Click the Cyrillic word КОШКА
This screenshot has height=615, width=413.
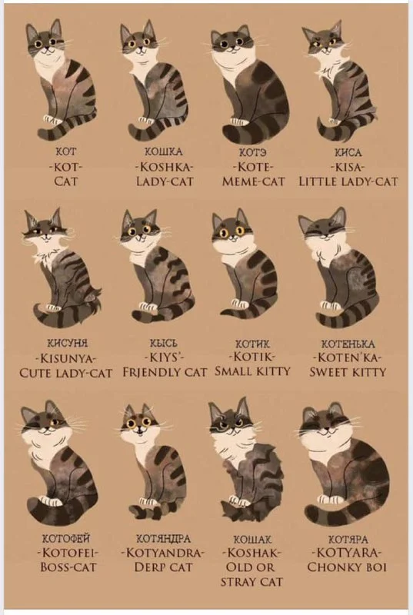[164, 151]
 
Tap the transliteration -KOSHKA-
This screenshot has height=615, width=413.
[164, 167]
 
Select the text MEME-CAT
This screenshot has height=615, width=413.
[253, 182]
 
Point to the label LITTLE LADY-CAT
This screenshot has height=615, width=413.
[348, 181]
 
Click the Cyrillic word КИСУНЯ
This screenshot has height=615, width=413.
[67, 344]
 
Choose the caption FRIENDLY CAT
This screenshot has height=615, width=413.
[165, 372]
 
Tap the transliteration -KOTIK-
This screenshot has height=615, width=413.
[252, 357]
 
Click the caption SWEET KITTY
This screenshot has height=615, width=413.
[348, 372]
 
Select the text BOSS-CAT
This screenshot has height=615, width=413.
[68, 567]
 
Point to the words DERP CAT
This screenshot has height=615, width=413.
[164, 567]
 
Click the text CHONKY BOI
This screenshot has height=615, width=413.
[347, 567]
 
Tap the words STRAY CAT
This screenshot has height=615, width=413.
[251, 581]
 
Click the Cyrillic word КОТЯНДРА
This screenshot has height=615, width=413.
[164, 539]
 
